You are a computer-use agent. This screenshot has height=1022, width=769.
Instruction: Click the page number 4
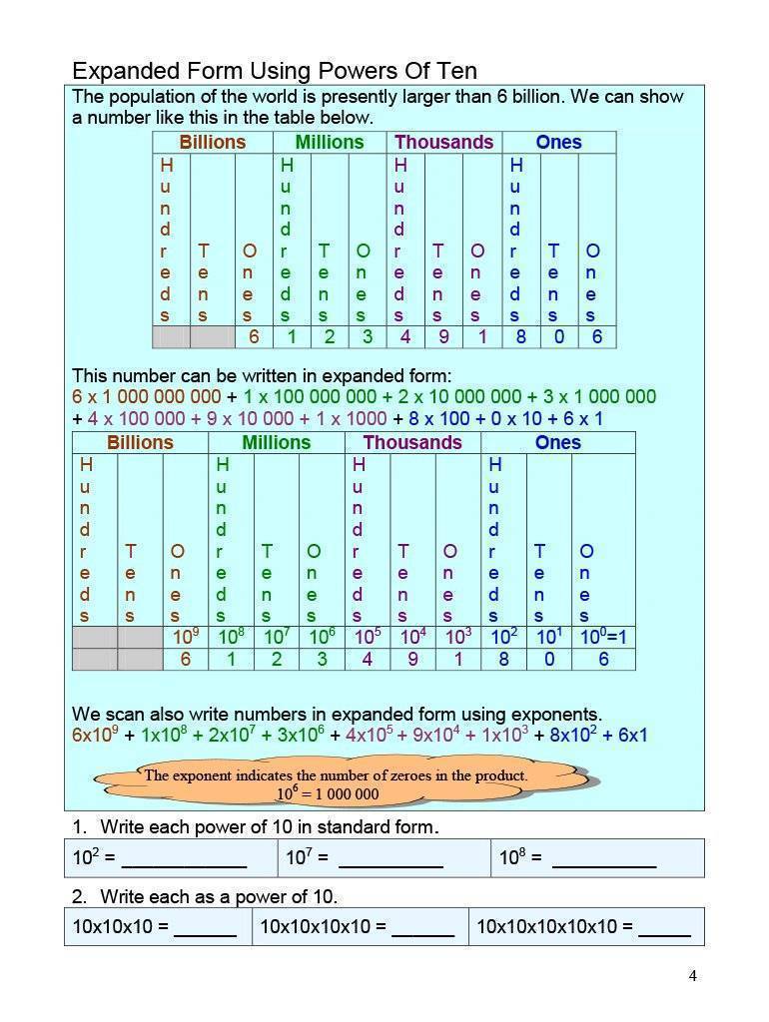click(x=692, y=975)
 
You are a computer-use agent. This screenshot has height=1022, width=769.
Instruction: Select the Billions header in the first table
click(x=212, y=142)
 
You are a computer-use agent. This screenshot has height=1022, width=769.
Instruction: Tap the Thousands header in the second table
click(x=412, y=442)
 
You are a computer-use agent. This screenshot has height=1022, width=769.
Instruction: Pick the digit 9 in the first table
click(x=443, y=337)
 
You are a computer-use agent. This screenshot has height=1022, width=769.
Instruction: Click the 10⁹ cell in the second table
click(x=186, y=636)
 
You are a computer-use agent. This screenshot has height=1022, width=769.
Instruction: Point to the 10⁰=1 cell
click(x=603, y=636)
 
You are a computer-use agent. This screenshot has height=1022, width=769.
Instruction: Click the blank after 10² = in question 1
click(x=184, y=857)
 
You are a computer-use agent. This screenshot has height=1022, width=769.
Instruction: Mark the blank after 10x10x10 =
click(x=205, y=926)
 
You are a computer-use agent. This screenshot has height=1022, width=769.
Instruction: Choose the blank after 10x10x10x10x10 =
click(x=664, y=926)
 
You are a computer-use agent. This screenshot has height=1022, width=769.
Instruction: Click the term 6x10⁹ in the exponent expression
click(x=95, y=736)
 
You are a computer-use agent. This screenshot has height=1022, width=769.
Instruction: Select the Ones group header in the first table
click(x=558, y=142)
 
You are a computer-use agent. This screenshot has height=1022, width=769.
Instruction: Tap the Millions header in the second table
click(x=276, y=442)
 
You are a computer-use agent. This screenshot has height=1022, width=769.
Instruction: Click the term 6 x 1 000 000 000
click(x=147, y=396)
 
